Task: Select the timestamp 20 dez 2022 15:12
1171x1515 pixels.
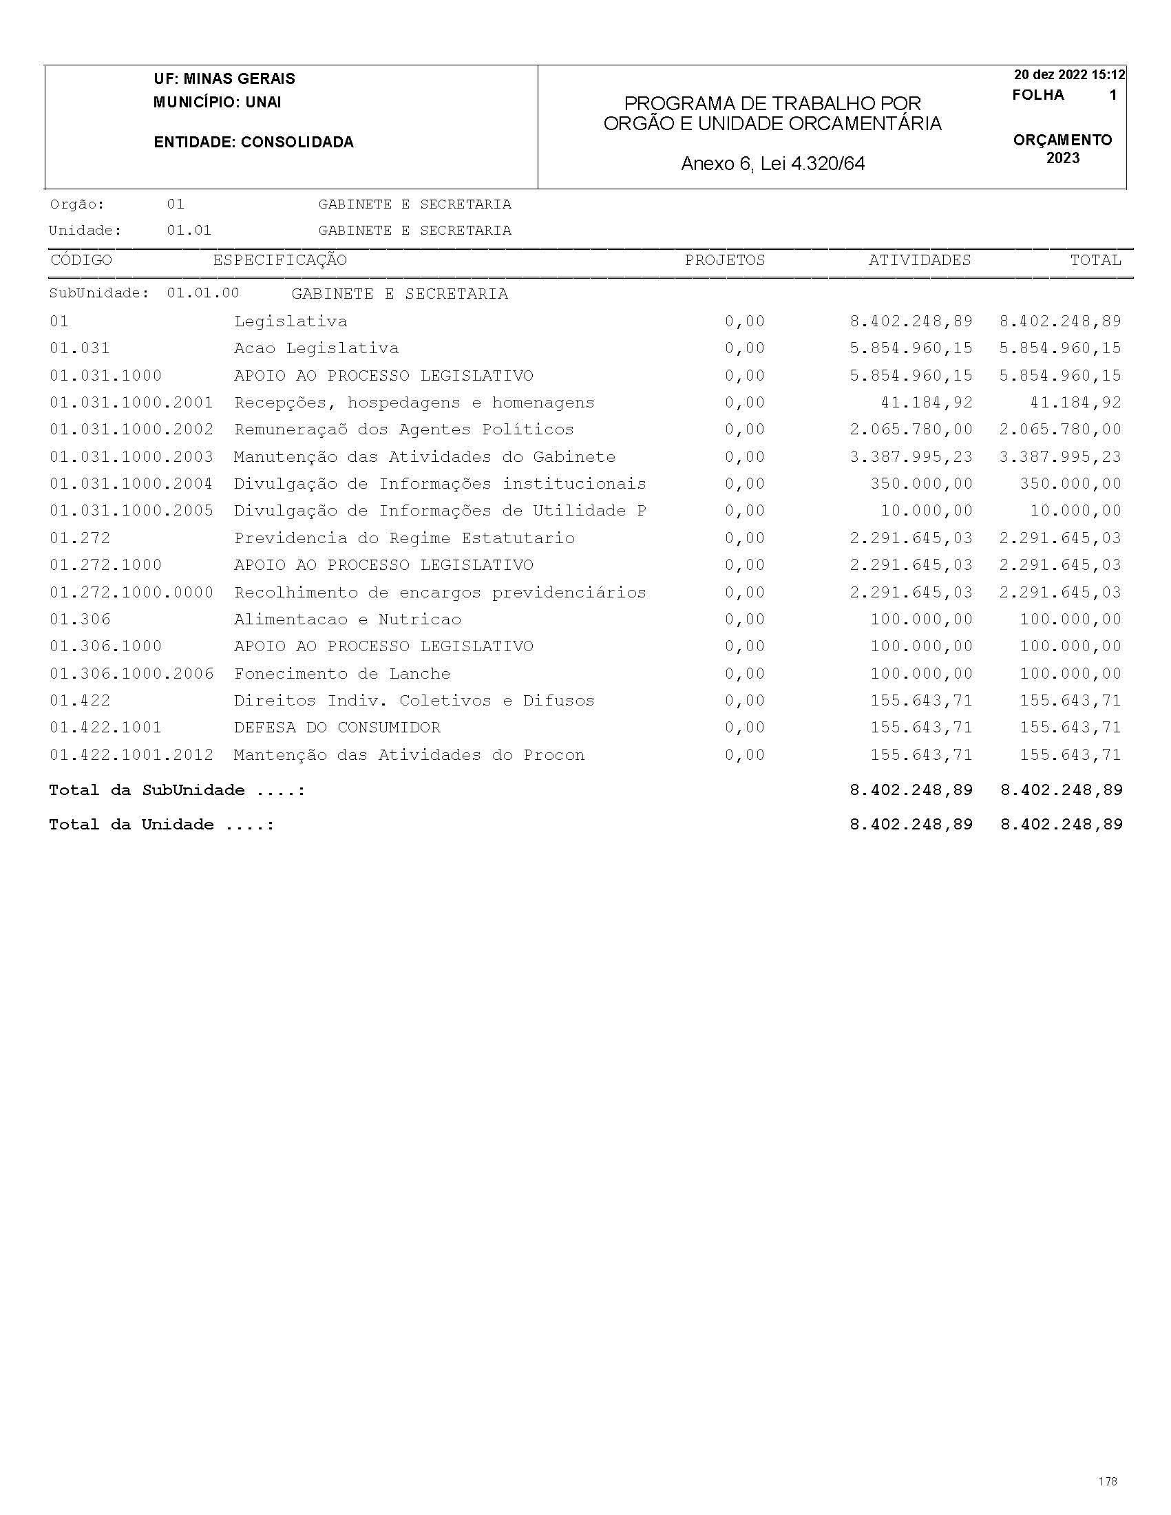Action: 1069,75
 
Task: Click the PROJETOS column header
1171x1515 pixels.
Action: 724,260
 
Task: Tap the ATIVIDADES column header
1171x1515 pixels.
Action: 919,260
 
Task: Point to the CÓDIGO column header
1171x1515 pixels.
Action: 81,260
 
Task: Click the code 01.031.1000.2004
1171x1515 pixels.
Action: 131,483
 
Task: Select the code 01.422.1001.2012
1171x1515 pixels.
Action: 131,754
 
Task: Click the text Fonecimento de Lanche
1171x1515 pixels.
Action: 342,674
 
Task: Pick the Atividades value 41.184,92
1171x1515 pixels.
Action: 927,403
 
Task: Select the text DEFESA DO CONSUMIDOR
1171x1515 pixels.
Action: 337,728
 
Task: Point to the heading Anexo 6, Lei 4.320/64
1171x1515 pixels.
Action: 773,164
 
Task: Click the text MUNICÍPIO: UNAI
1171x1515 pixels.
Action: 217,103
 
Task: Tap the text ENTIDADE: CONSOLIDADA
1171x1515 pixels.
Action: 253,142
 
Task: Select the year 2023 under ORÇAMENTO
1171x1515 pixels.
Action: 1063,158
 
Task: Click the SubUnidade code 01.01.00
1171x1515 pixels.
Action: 202,293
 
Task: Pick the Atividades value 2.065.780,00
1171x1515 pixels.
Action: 911,430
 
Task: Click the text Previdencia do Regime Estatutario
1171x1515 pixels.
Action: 403,538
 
